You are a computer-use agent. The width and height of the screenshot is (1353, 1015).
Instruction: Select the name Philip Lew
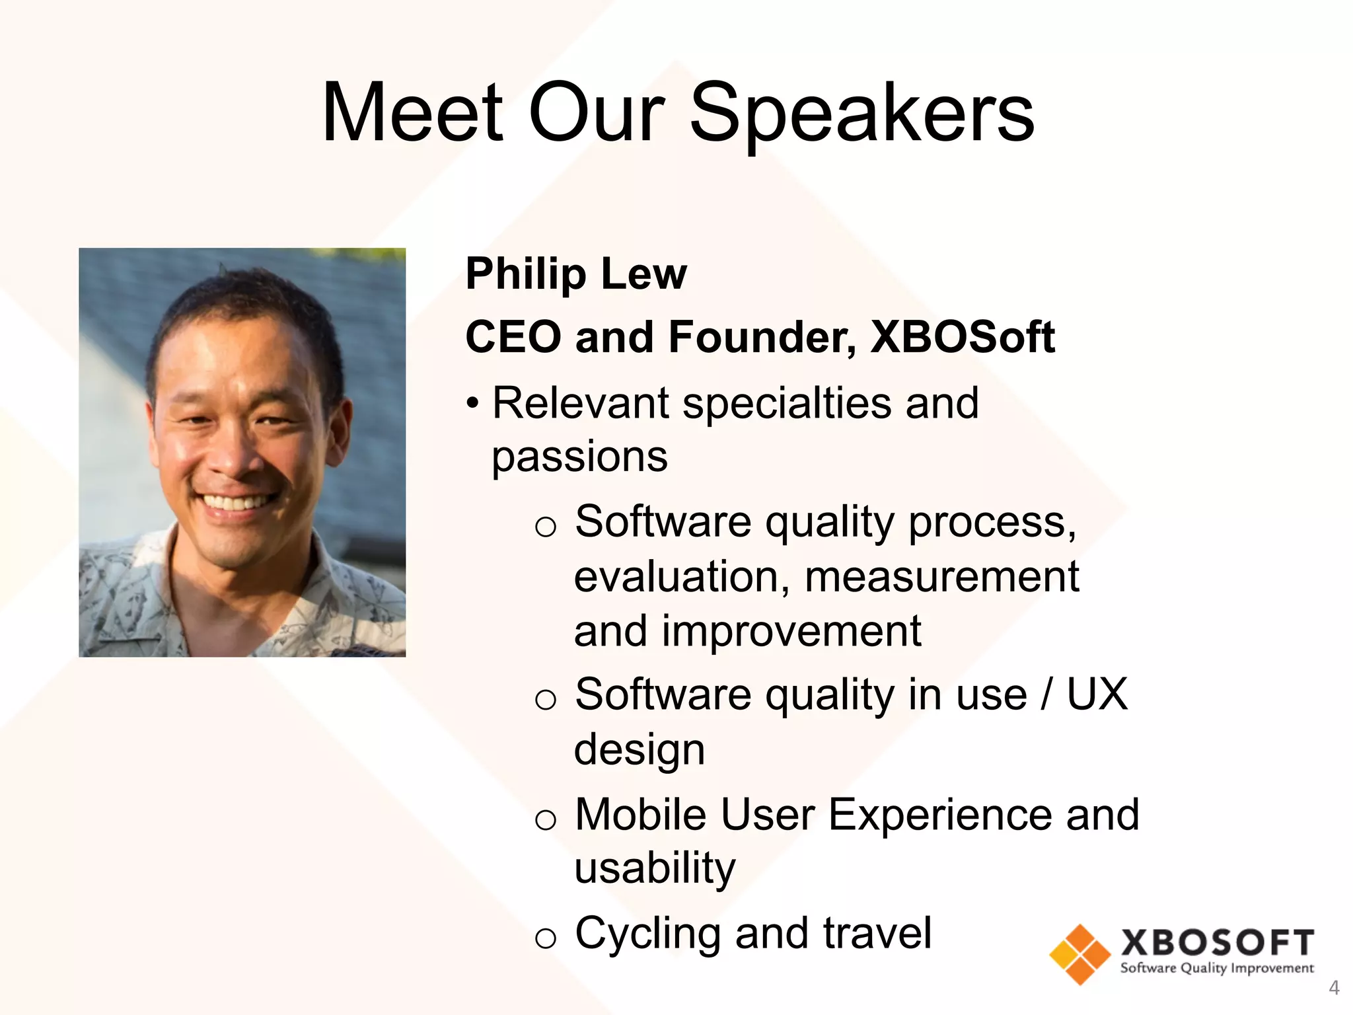point(576,274)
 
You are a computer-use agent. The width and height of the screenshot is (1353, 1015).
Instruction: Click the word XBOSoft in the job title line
point(962,337)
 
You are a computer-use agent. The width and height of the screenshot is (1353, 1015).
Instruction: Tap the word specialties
point(786,403)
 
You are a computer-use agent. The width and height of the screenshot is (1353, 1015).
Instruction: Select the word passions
point(579,456)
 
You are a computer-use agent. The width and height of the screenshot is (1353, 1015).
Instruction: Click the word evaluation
point(681,577)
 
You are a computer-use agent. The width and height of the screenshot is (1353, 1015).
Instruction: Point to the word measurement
point(941,577)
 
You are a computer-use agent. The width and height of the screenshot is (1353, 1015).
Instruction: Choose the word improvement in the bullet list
point(791,631)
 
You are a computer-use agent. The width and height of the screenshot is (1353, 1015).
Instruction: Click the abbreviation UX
point(1097,695)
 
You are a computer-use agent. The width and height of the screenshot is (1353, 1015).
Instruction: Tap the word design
point(640,750)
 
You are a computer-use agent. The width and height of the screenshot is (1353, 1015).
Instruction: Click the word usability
point(655,868)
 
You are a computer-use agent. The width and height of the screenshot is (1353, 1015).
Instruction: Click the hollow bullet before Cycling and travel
point(546,938)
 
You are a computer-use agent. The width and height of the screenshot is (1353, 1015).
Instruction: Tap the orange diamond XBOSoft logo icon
point(1079,954)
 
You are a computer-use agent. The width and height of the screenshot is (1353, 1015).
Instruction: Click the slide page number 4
point(1334,988)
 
